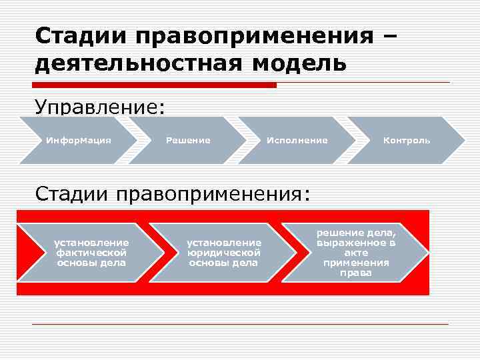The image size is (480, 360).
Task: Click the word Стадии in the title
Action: tap(71, 36)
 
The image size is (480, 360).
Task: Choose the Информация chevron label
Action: tap(78, 141)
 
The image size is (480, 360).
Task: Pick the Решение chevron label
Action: tap(188, 141)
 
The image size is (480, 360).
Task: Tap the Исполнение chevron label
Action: tap(297, 141)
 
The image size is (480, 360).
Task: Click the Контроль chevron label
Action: tap(407, 141)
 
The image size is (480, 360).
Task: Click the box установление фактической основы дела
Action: tap(91, 253)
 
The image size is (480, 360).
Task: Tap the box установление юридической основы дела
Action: tap(223, 253)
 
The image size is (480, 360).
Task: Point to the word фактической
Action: tap(91, 253)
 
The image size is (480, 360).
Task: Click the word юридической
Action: tap(223, 253)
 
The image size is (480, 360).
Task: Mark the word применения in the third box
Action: tap(357, 263)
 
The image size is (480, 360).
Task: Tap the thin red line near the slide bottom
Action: tap(240, 325)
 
